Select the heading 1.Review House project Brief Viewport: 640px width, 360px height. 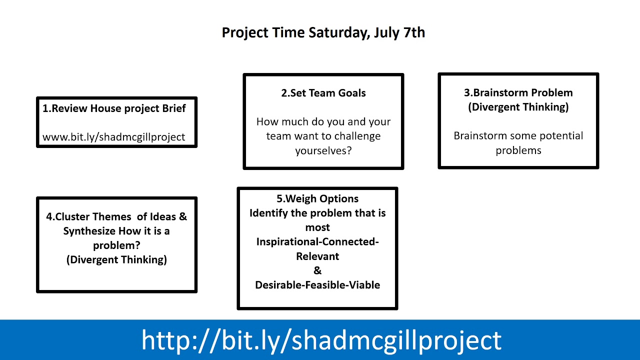pos(114,108)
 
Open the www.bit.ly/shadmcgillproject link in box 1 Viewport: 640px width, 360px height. pos(114,137)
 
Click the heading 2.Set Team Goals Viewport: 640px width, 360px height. pos(323,93)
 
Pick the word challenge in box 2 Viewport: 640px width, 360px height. pos(357,136)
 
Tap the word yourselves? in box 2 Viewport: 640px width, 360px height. pos(323,150)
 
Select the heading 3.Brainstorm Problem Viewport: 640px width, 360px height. pos(518,92)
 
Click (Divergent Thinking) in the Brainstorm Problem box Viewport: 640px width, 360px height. pos(518,107)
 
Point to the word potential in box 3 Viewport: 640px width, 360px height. pos(560,136)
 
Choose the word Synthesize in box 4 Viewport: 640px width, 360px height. pos(89,231)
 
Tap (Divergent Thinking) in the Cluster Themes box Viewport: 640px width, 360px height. pos(116,259)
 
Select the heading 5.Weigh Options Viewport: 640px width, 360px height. pos(317,198)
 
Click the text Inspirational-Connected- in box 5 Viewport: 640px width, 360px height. pos(317,242)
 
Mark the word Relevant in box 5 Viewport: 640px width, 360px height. pos(317,256)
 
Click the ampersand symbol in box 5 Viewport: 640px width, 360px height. pos(317,270)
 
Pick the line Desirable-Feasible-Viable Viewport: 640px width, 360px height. pos(317,285)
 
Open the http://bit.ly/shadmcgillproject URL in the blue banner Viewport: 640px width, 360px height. pos(321,340)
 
